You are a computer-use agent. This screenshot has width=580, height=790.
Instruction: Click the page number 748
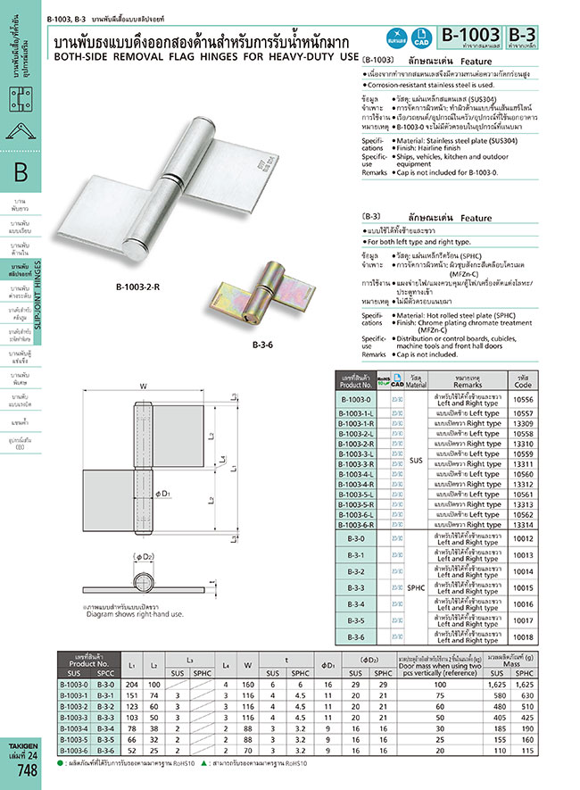tap(27, 772)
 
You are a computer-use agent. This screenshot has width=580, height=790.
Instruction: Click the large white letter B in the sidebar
tap(21, 171)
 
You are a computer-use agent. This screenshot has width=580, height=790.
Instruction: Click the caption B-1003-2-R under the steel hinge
tap(137, 287)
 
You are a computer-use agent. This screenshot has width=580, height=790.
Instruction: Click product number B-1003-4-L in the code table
tap(355, 474)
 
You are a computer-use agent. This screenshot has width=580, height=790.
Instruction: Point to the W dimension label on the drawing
tap(143, 387)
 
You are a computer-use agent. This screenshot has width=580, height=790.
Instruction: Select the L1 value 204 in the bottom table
tap(132, 684)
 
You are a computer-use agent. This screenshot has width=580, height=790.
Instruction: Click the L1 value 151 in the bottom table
tap(132, 694)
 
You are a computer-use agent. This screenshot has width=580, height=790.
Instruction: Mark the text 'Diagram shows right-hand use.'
tap(134, 614)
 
